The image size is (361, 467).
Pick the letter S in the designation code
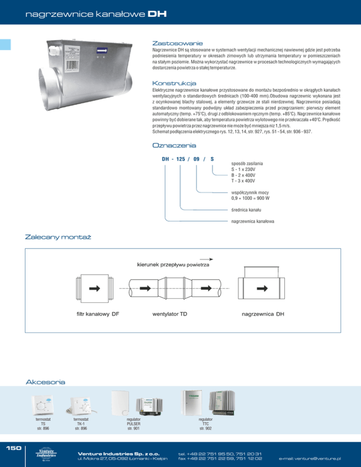212,159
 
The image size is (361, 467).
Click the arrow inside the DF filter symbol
94,288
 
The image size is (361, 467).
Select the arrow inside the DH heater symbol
262,288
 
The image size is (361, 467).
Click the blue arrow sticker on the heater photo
102,51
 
